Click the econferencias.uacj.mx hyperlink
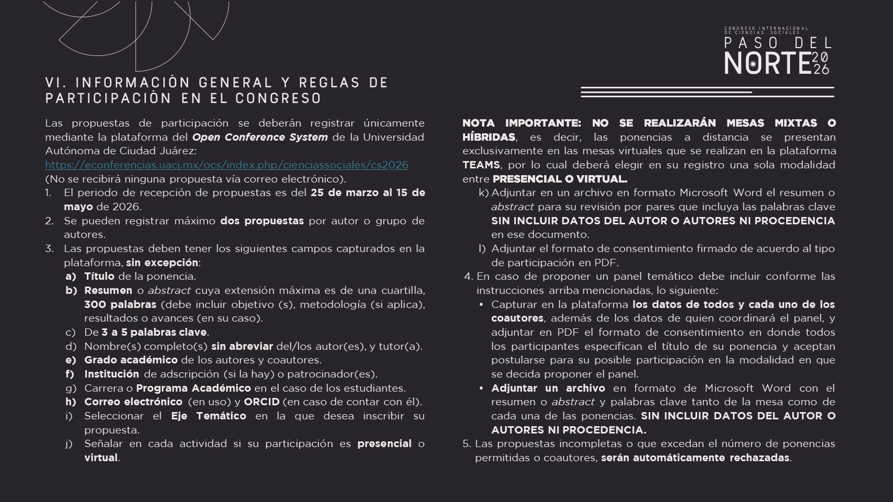coord(227,165)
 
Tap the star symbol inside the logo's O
coord(753,64)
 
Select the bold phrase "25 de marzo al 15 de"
coord(367,192)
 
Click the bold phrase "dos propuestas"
coord(262,221)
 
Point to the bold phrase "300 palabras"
coord(120,304)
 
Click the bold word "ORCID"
coord(262,402)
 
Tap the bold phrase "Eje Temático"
coord(208,416)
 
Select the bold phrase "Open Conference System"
coord(260,137)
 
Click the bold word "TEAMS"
coord(481,165)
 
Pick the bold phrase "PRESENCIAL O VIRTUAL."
coord(560,179)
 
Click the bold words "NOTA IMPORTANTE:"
coord(522,123)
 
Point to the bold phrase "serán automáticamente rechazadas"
coord(695,458)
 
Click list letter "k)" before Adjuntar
coord(483,192)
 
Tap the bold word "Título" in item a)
coord(99,276)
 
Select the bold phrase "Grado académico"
coord(131,360)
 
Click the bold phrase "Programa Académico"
coord(194,388)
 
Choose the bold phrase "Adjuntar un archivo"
coord(548,388)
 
